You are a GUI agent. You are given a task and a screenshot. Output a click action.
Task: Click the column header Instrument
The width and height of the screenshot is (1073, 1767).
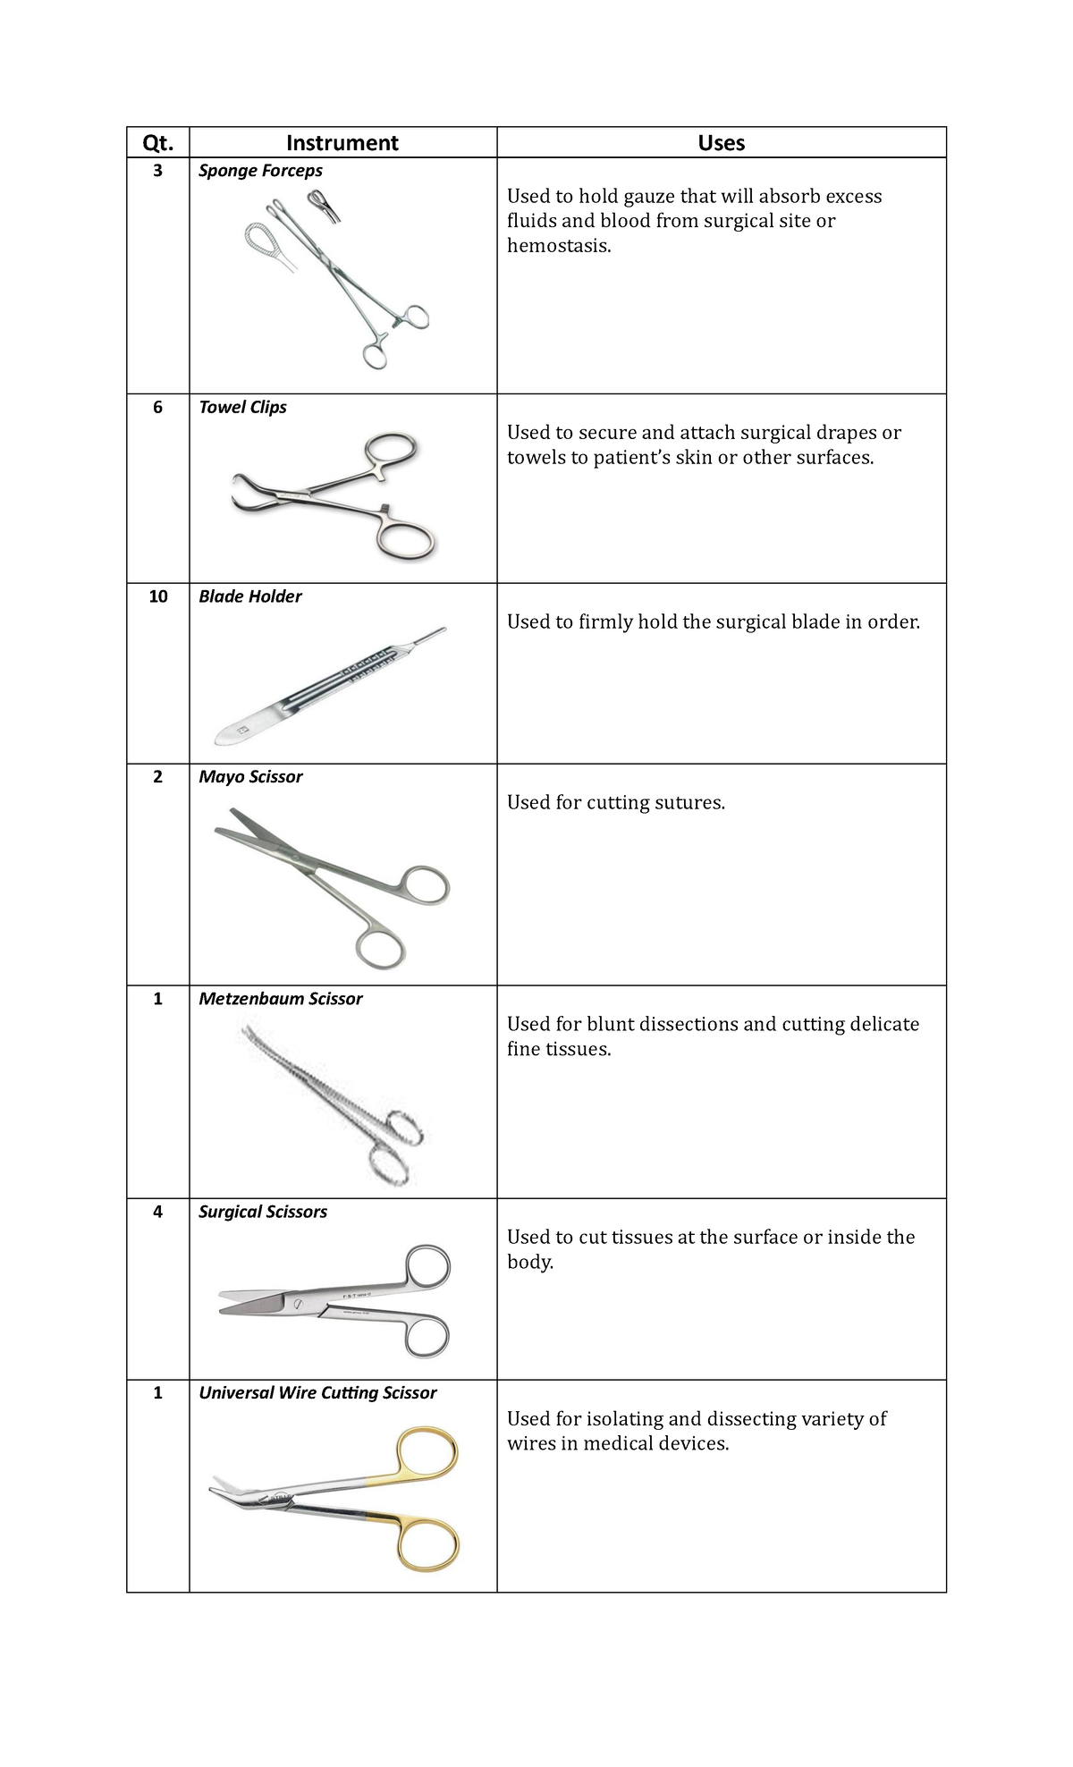(342, 143)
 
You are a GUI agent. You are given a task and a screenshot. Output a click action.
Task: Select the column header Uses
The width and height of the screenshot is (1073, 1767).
(721, 143)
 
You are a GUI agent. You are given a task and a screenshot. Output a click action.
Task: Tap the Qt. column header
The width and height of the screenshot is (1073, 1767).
(157, 143)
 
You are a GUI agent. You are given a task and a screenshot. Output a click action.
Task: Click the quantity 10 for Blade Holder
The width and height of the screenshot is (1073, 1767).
(157, 596)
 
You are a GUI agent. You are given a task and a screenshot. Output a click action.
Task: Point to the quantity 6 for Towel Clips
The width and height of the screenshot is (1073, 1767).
(157, 407)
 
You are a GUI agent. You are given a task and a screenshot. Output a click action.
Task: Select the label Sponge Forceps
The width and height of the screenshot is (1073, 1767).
(260, 171)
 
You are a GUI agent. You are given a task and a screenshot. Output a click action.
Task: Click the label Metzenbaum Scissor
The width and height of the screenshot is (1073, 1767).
(280, 999)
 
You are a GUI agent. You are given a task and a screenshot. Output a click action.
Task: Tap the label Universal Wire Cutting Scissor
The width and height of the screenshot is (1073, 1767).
(317, 1393)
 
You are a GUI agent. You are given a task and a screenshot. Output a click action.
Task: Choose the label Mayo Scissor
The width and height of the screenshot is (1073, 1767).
(250, 777)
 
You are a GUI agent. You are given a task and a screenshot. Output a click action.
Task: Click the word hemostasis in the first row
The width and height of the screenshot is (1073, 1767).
(558, 246)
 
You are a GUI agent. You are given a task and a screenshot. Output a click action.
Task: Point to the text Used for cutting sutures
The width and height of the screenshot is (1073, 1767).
(615, 803)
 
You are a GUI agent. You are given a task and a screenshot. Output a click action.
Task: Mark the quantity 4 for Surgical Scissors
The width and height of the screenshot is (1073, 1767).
(157, 1213)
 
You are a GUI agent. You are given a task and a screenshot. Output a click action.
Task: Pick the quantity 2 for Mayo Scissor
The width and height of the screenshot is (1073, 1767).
(157, 777)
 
